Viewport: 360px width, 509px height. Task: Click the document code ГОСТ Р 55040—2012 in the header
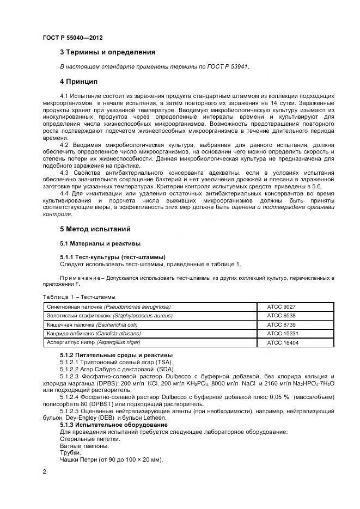[x=72, y=38]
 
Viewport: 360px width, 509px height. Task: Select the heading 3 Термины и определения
[x=107, y=52]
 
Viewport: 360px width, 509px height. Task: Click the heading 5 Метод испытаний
[x=95, y=229]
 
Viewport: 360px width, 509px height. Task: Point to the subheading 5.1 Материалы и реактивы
[x=100, y=243]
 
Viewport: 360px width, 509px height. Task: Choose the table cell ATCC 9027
[x=281, y=307]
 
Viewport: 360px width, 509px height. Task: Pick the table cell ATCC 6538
[x=281, y=316]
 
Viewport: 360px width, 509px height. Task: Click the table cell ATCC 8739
[x=281, y=324]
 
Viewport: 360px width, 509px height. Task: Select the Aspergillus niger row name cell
[x=94, y=342]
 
